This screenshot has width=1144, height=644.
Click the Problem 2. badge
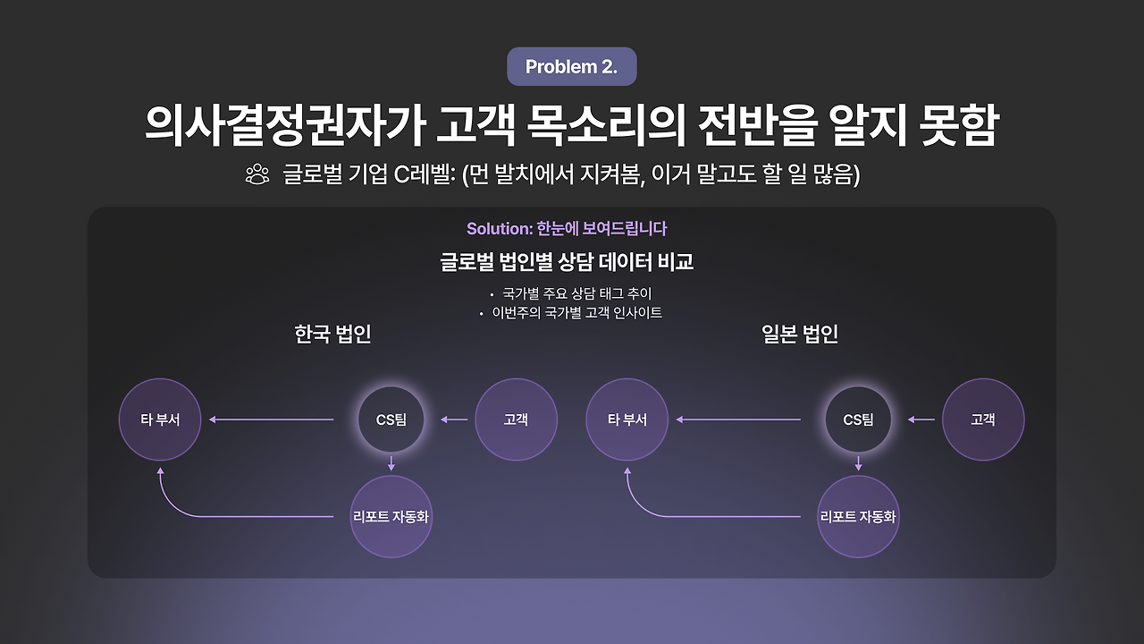(x=571, y=67)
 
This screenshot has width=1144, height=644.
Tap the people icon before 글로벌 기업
(x=257, y=174)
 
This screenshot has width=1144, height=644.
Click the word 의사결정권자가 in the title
(x=282, y=127)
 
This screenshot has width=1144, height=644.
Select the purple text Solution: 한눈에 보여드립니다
(x=567, y=229)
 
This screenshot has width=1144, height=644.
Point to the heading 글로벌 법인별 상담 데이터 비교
(x=567, y=262)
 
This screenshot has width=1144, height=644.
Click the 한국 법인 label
(x=332, y=335)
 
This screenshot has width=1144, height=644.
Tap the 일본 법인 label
(x=800, y=335)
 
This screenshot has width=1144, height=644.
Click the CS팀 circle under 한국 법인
(x=391, y=419)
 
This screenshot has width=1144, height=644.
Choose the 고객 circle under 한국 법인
(x=516, y=419)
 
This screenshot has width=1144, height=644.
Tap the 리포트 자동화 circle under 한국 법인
(x=391, y=517)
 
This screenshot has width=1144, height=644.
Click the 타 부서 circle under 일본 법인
(x=627, y=419)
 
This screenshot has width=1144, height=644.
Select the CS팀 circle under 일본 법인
(x=858, y=419)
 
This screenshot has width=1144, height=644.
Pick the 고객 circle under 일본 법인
(x=982, y=419)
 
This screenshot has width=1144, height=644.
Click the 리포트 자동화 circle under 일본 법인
(x=858, y=517)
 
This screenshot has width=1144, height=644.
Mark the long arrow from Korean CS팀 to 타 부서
(x=272, y=419)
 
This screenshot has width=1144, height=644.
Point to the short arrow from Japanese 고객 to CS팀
(x=921, y=419)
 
